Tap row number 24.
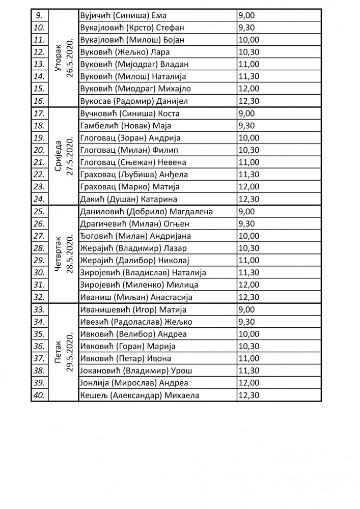coord(39,199)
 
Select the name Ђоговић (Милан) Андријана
coord(135,236)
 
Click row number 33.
coord(39,309)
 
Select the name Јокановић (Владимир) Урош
coord(136,371)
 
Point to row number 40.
coord(39,395)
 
